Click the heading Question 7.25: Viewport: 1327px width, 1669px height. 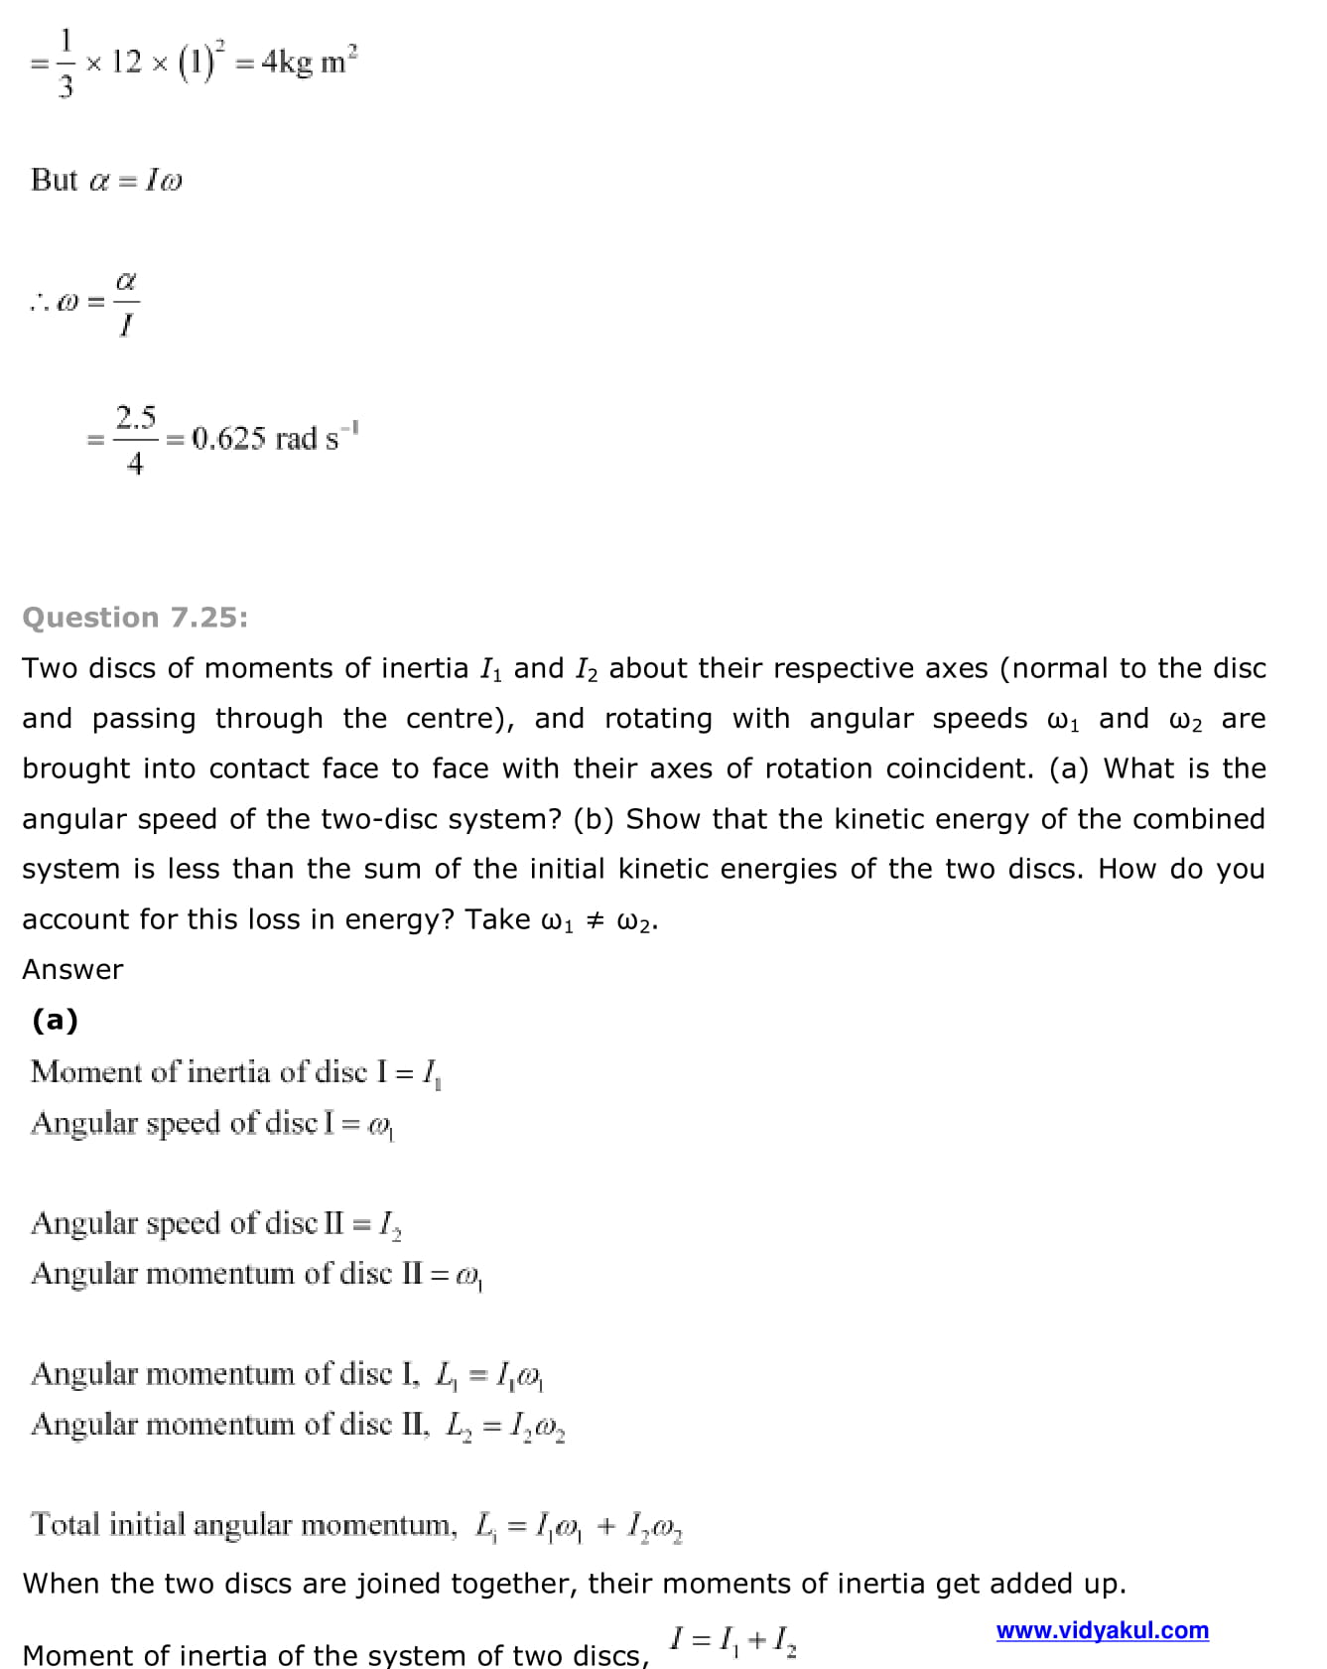(x=135, y=618)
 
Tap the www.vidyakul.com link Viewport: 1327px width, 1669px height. (x=1102, y=1630)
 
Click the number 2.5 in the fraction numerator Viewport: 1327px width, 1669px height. (x=135, y=417)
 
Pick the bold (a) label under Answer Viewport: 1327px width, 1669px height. (x=55, y=1020)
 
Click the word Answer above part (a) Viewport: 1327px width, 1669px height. (x=72, y=969)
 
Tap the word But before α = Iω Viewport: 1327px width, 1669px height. (x=54, y=180)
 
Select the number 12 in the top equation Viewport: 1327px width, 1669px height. (x=126, y=62)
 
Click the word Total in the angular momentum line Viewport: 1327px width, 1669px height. (x=66, y=1524)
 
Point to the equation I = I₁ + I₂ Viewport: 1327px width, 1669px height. (x=733, y=1639)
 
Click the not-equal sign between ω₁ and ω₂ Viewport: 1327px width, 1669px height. (x=596, y=919)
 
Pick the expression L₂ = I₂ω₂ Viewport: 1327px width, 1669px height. (x=506, y=1426)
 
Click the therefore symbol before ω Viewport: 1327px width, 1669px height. (x=39, y=303)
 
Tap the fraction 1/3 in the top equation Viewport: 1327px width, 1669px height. (x=66, y=63)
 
